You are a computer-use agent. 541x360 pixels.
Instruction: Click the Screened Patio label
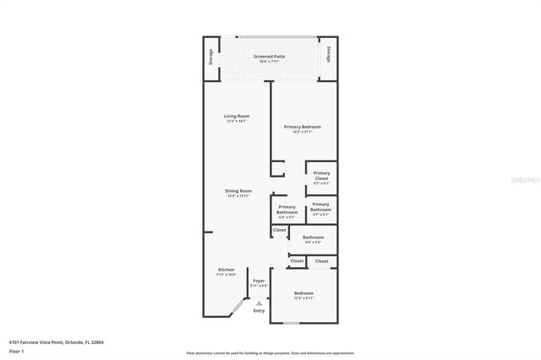269,56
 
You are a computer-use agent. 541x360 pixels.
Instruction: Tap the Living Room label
237,116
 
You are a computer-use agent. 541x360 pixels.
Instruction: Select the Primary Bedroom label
302,127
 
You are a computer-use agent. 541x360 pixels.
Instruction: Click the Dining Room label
238,191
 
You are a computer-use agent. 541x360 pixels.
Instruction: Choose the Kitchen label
226,270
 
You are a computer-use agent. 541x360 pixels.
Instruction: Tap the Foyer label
259,281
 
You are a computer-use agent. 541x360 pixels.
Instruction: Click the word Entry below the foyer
259,311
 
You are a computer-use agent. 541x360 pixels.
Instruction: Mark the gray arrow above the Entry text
259,302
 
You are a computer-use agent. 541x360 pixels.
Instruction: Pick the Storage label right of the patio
327,57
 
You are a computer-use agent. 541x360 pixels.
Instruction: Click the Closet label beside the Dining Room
279,230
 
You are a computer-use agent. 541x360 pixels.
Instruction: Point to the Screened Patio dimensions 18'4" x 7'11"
269,62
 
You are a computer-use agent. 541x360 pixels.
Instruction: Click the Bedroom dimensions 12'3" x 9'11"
303,298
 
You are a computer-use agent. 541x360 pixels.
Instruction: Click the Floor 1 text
17,351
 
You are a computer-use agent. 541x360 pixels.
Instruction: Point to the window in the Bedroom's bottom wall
291,324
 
